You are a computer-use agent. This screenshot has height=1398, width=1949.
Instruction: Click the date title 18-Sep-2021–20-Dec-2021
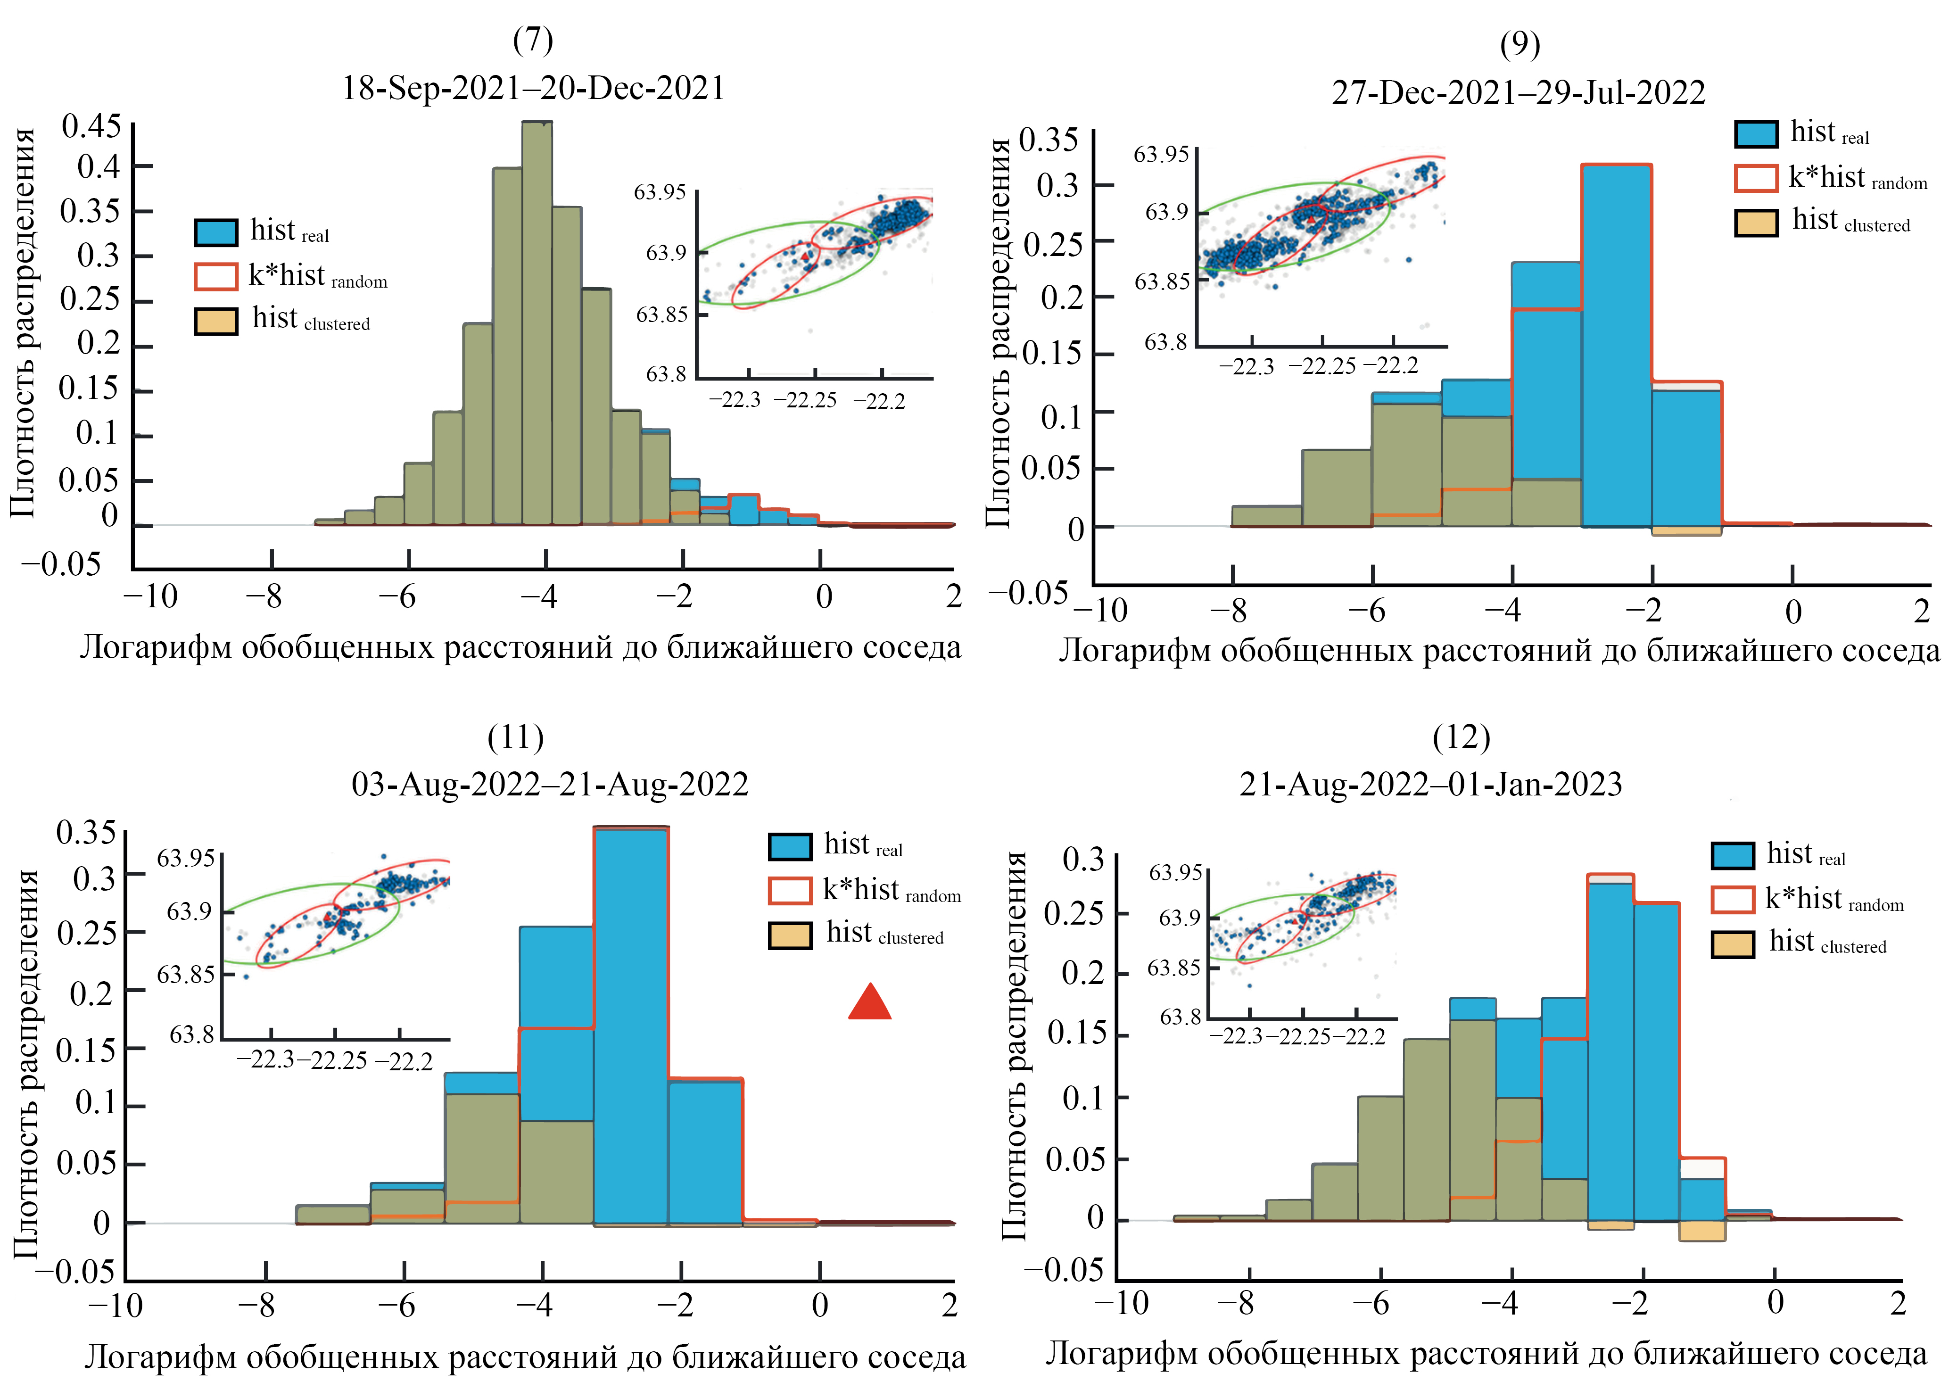533,89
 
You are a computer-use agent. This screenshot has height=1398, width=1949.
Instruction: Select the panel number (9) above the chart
1520,45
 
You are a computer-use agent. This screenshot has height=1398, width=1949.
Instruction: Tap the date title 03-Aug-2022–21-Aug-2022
550,785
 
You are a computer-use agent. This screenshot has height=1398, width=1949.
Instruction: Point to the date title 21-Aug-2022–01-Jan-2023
1431,785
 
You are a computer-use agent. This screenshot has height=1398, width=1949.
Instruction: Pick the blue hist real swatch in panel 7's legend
216,232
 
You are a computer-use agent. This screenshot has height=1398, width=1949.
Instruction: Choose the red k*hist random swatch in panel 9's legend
1756,178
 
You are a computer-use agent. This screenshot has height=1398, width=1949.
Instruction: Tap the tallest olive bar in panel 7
537,322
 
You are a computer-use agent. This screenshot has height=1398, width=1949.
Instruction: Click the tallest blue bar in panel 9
1616,344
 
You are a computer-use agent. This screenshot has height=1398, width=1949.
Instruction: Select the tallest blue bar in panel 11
630,1023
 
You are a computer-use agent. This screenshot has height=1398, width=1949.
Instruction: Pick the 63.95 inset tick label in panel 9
1161,155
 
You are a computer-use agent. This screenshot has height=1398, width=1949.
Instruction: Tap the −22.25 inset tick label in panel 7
805,400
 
